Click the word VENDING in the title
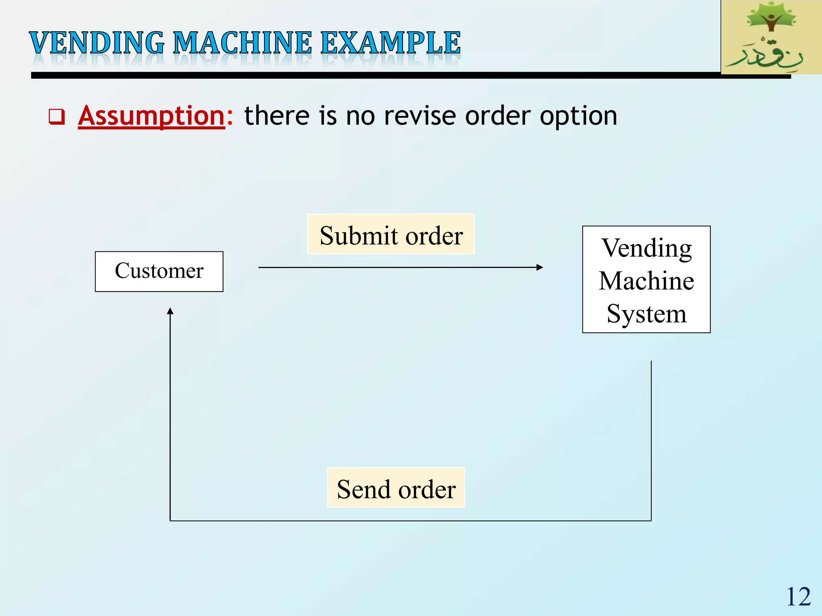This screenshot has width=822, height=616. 97,43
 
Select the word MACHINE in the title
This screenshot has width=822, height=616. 242,43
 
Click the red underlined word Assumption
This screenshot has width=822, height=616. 151,116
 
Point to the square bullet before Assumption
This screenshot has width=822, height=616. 57,117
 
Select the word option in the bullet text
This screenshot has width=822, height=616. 578,117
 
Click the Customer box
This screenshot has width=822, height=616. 159,272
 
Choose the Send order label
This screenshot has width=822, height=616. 396,488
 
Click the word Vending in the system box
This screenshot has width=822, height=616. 646,248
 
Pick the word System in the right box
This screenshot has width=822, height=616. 646,314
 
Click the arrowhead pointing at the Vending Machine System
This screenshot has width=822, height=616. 540,267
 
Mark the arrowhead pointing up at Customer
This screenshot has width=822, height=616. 170,311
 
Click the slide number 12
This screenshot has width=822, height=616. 798,597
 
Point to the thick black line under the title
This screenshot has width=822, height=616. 361,75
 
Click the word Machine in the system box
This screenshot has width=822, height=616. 646,281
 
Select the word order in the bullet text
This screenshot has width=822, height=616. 498,116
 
